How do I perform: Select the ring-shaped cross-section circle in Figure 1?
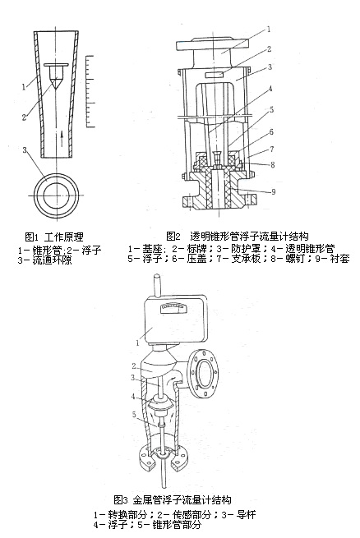tap(57, 194)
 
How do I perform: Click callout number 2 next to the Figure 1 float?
tap(26, 117)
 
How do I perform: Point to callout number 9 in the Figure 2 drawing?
tap(273, 192)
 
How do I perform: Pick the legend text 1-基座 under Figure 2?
tap(146, 247)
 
